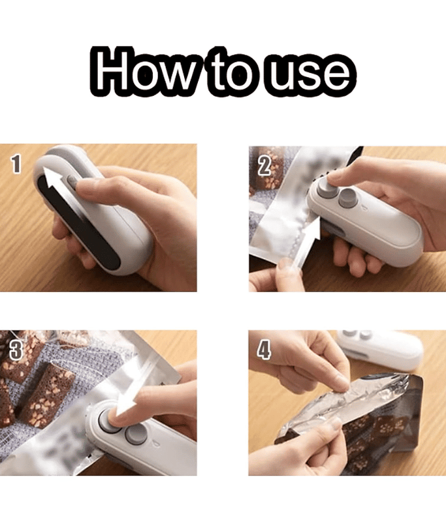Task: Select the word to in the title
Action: point(229,70)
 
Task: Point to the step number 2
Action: point(264,164)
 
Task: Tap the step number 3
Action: point(16,350)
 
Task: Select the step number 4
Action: point(264,350)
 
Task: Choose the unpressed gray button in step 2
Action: point(347,199)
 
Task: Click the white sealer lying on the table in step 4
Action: point(385,348)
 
